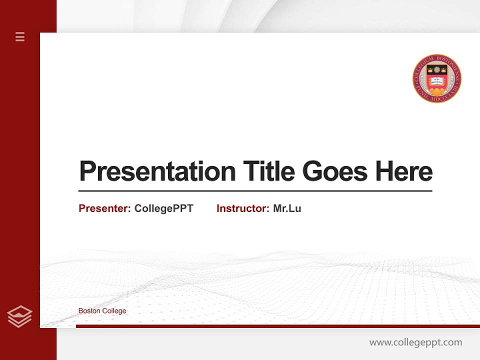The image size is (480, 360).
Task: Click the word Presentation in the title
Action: click(x=157, y=171)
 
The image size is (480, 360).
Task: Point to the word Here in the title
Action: click(x=403, y=171)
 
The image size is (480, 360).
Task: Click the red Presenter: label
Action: click(x=104, y=208)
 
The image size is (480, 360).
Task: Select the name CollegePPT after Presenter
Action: click(x=163, y=208)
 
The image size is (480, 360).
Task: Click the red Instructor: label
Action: click(x=242, y=208)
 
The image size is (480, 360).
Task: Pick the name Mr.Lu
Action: click(x=287, y=208)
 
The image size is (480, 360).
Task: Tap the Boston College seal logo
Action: click(x=436, y=78)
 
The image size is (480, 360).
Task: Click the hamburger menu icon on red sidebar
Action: click(x=20, y=36)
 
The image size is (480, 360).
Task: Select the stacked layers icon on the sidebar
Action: click(x=19, y=316)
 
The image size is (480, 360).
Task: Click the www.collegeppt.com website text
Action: click(x=415, y=342)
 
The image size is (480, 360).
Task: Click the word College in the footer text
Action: click(x=114, y=311)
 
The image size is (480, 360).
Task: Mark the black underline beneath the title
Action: click(x=255, y=190)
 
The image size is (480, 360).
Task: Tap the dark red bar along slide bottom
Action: click(x=277, y=326)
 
